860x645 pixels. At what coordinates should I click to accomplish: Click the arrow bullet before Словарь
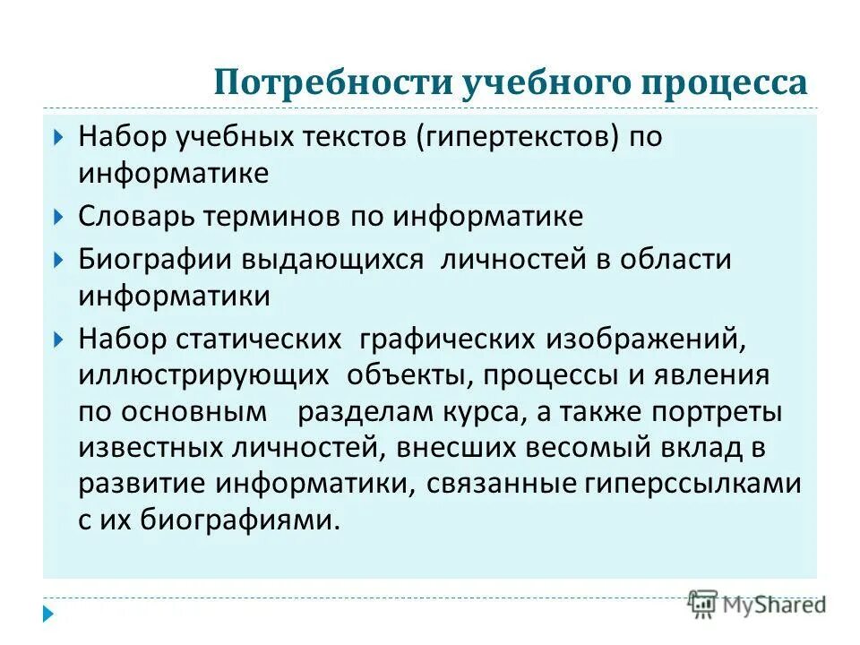pyautogui.click(x=57, y=217)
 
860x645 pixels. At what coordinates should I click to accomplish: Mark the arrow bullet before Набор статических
pyautogui.click(x=57, y=340)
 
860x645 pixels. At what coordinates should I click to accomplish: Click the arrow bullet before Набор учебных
pyautogui.click(x=57, y=138)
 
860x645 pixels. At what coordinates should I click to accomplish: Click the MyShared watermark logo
pyautogui.click(x=757, y=604)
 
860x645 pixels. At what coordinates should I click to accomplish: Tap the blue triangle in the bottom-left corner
pyautogui.click(x=48, y=616)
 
